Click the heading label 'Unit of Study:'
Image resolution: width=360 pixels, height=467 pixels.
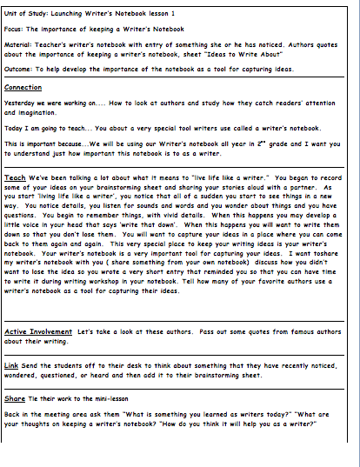pos(23,14)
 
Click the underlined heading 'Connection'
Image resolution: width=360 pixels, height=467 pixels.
pos(23,87)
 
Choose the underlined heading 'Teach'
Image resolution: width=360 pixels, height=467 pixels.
pos(14,177)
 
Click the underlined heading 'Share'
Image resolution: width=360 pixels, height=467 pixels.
pos(15,397)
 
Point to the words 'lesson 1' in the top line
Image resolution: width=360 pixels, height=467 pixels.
pos(177,14)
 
